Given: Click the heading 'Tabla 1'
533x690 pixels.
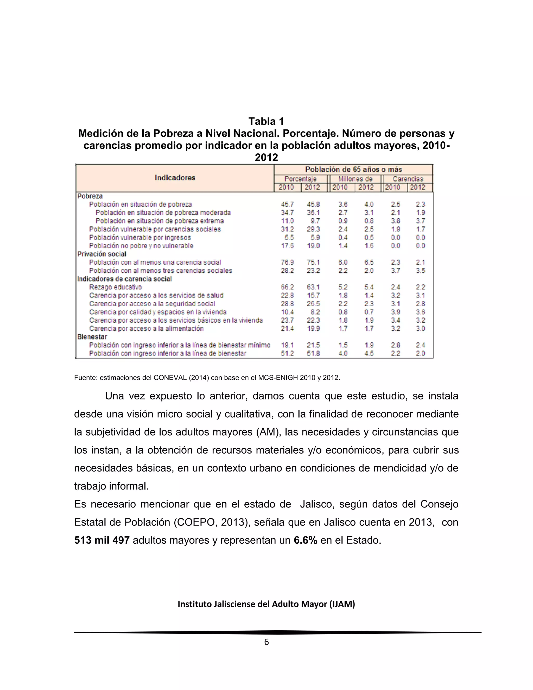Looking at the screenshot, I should pyautogui.click(x=266, y=121).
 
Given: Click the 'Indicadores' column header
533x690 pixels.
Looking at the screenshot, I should pyautogui.click(x=175, y=178).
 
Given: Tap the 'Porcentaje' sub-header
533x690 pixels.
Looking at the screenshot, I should pyautogui.click(x=300, y=179).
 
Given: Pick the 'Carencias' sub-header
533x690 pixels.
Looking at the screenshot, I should pyautogui.click(x=408, y=179).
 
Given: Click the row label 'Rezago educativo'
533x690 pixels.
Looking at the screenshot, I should pyautogui.click(x=116, y=287).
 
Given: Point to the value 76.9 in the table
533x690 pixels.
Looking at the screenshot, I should pyautogui.click(x=287, y=262).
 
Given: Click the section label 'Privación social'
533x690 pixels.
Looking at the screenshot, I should pyautogui.click(x=102, y=254).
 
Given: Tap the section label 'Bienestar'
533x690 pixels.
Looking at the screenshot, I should pyautogui.click(x=92, y=337).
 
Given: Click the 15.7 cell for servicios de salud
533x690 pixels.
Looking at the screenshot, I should pyautogui.click(x=313, y=296).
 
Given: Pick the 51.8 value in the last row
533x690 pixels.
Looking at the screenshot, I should pyautogui.click(x=313, y=353).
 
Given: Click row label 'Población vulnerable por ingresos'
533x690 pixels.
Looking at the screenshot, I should pyautogui.click(x=140, y=237).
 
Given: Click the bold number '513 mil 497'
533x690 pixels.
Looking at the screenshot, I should pyautogui.click(x=102, y=540).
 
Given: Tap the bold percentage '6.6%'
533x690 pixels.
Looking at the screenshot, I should pyautogui.click(x=305, y=540).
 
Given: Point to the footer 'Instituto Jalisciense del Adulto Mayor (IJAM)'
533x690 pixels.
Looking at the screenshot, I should pyautogui.click(x=266, y=604).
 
